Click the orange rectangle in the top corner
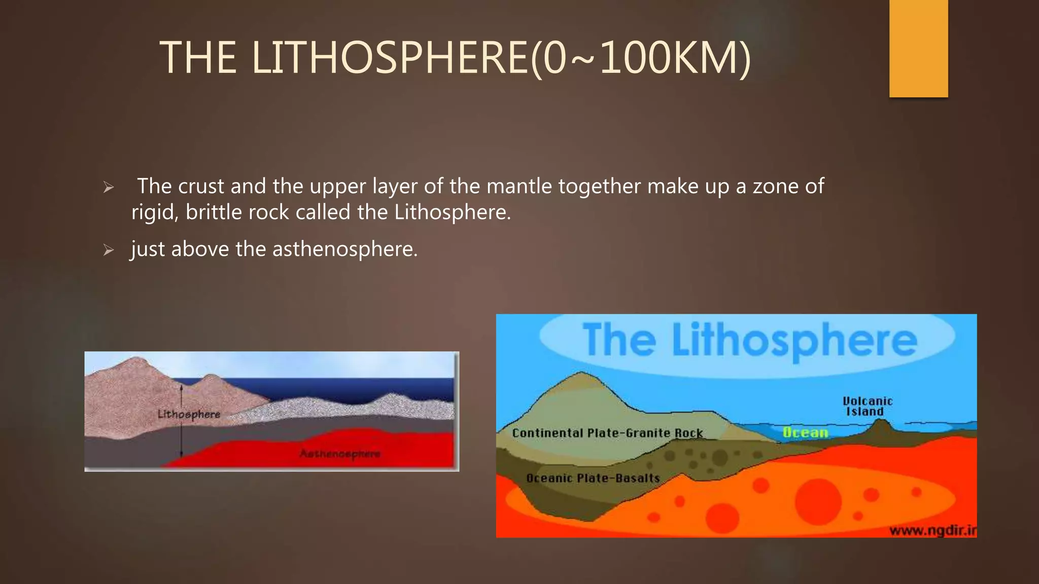click(918, 48)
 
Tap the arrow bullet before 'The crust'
click(108, 188)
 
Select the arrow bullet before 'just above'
click(108, 250)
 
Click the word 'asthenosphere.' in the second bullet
click(345, 249)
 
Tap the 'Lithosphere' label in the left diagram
click(189, 414)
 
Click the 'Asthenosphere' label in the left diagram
click(340, 453)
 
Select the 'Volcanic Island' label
click(867, 406)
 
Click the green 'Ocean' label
click(805, 432)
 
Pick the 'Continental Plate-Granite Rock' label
click(607, 433)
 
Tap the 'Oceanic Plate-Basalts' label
click(593, 478)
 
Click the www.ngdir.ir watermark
click(932, 530)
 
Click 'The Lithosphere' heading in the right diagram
click(749, 340)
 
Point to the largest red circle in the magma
click(818, 501)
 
